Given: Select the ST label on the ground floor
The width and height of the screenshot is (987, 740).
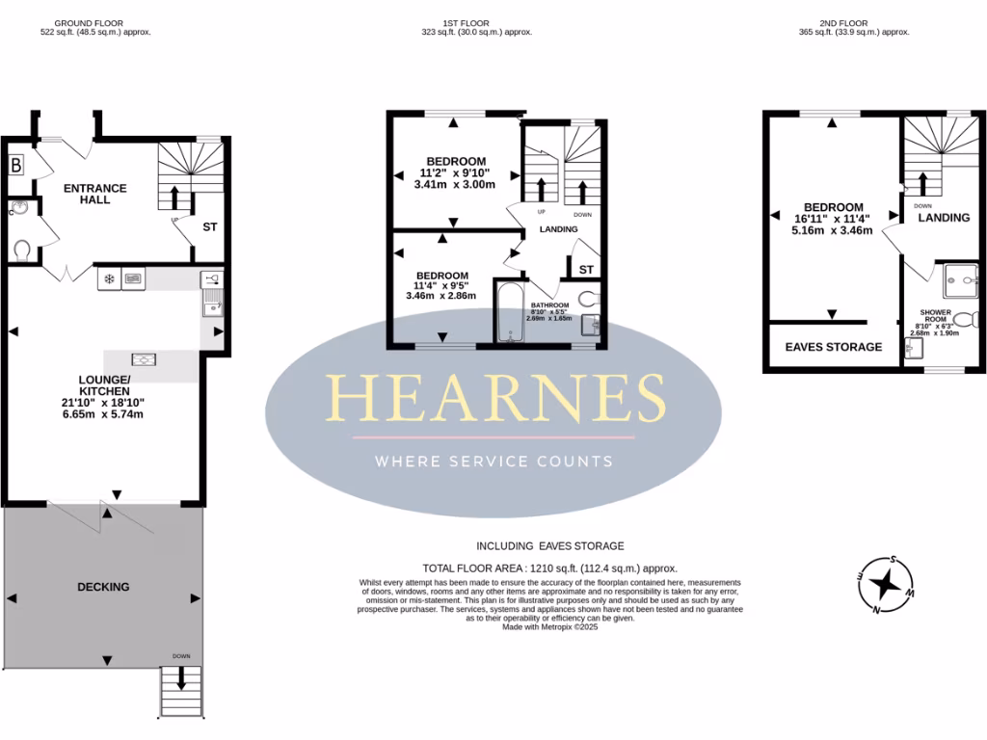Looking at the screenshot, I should coord(210,228).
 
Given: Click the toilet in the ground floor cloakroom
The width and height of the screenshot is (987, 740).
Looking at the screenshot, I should coord(22,250).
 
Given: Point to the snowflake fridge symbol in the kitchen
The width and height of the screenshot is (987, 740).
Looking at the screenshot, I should coord(109,279).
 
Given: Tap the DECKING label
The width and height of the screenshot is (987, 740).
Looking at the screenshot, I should coord(103,587).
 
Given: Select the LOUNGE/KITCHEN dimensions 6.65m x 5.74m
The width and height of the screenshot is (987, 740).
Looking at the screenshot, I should coord(103,414).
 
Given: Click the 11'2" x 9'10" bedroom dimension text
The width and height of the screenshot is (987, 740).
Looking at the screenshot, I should coord(444,173).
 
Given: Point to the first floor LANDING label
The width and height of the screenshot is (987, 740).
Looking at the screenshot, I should coord(558,229).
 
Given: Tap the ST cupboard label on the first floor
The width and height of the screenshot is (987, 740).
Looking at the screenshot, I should coord(586,269).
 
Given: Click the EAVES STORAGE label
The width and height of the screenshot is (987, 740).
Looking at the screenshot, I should coord(833,347).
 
